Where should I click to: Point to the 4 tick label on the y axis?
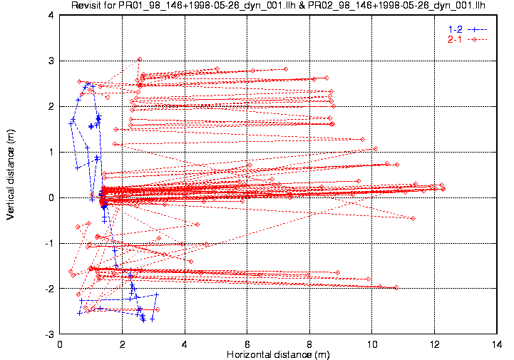pyautogui.click(x=51, y=15)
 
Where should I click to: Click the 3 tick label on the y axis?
pyautogui.click(x=51, y=61)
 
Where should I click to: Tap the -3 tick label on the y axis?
pyautogui.click(x=49, y=334)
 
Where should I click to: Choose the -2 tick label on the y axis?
pyautogui.click(x=49, y=289)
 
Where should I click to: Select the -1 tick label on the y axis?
pyautogui.click(x=49, y=243)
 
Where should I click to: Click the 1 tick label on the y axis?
pyautogui.click(x=51, y=152)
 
